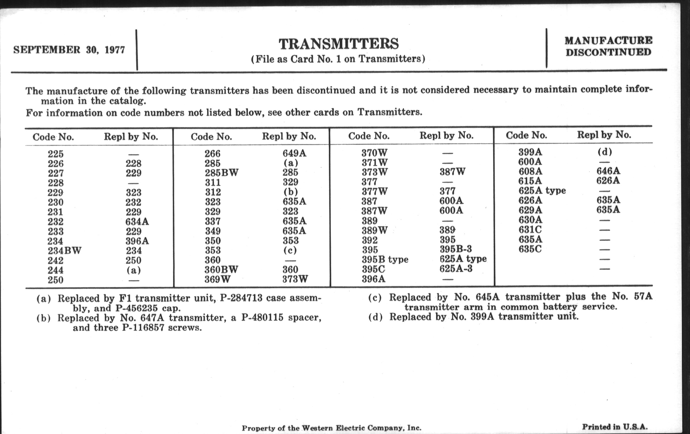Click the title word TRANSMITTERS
coord(339,44)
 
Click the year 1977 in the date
coord(115,50)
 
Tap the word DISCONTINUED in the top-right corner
coord(608,52)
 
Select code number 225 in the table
coord(55,154)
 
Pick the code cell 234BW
coord(64,251)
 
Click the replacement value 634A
coord(137,222)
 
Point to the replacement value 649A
coord(294,153)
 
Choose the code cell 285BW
coord(222,173)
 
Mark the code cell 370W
coord(375,153)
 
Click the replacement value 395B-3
coord(456,249)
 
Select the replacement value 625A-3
coord(456,269)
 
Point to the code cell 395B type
coord(385,260)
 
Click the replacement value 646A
coord(608,171)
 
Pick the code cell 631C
coord(530,230)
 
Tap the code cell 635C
coord(530,249)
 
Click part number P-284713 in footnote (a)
coord(241,298)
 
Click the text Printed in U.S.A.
coord(615,427)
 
